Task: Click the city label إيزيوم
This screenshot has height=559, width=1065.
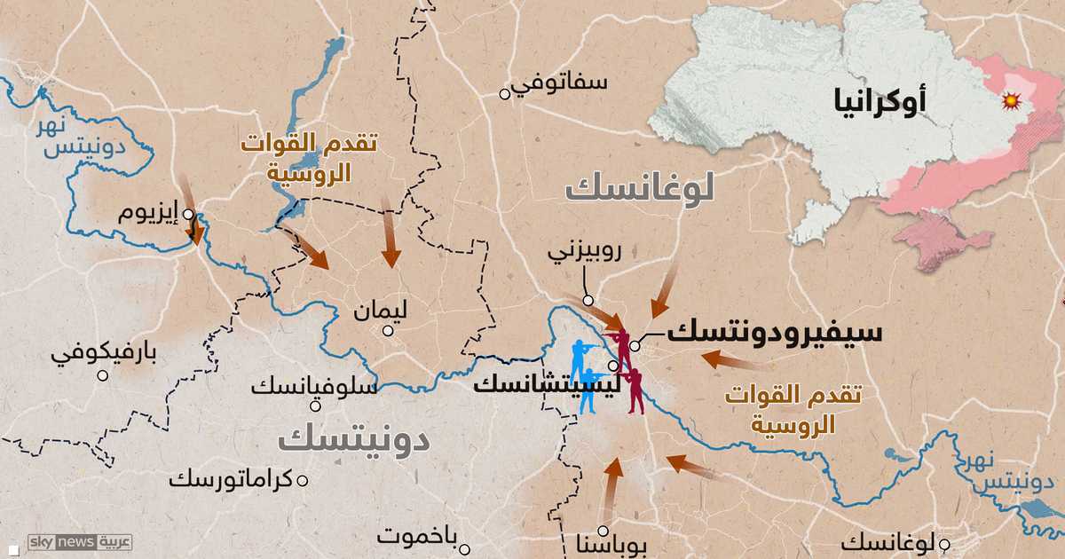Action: click(x=151, y=213)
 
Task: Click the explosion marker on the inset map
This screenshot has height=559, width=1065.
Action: click(x=1009, y=101)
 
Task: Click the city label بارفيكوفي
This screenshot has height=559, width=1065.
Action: click(x=104, y=354)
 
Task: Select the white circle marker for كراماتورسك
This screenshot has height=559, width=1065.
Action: click(x=303, y=480)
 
